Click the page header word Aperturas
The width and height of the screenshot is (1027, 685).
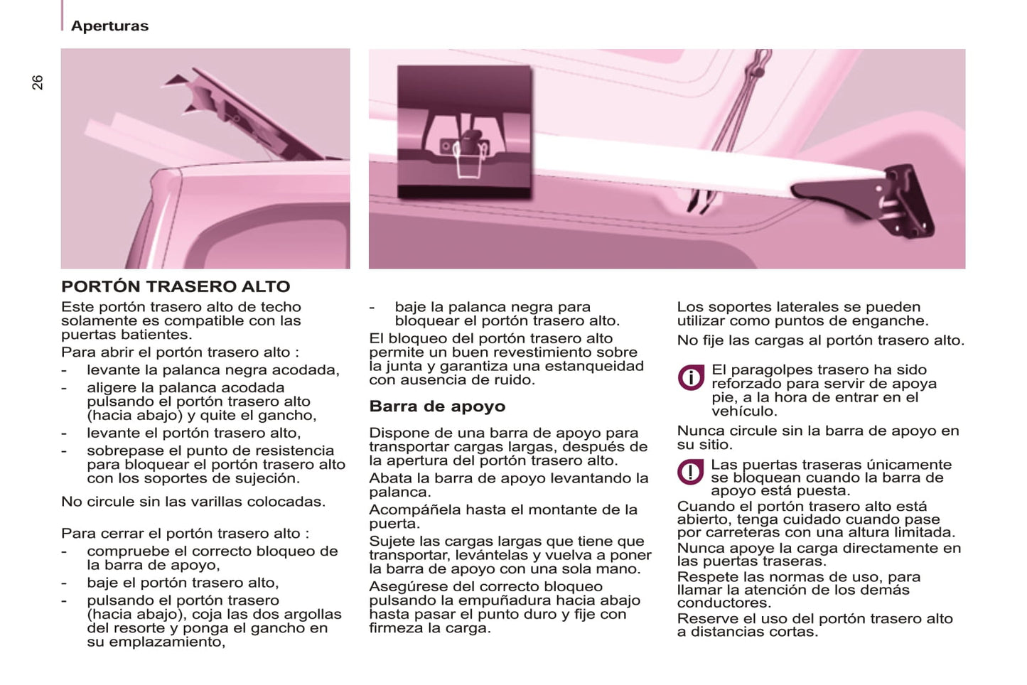coord(109,26)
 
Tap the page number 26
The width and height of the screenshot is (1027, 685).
coord(38,82)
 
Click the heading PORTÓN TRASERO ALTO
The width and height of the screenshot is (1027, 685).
coord(176,286)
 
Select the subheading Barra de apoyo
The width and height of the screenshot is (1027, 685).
coord(437,406)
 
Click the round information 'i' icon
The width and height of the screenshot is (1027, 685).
coord(691,377)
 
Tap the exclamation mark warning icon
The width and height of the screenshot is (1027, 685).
coord(691,472)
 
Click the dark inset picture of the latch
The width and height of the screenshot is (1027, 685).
coord(464,131)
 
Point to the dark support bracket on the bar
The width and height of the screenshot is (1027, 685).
coord(864,201)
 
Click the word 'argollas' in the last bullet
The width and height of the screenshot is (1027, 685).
coord(313,615)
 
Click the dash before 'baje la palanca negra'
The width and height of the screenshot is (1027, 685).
coord(372,308)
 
